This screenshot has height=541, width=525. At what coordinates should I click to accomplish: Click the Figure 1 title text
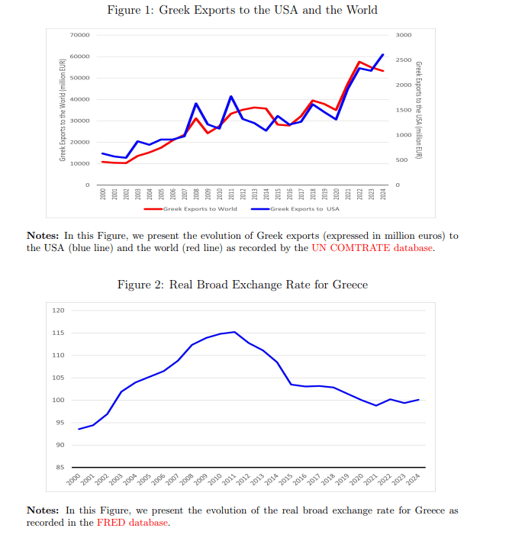coord(242,11)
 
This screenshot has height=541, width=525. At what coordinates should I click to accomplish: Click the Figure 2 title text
coord(242,285)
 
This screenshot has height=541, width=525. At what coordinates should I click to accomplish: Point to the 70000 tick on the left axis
coord(79,36)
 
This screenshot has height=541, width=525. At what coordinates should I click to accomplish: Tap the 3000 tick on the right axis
coord(404,36)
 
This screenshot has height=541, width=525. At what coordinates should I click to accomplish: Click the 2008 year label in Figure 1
coord(196,194)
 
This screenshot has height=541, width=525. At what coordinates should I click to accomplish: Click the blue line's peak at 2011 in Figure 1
coord(231,97)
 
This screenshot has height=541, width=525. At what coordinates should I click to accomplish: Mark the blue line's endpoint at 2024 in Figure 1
coord(383,55)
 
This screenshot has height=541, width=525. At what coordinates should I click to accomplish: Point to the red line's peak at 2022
coord(359,62)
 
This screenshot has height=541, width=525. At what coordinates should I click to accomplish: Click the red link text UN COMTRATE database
coord(372,248)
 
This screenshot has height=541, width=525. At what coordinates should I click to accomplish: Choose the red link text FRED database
coord(132,523)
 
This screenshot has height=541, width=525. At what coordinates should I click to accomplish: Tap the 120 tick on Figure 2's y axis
coord(58,311)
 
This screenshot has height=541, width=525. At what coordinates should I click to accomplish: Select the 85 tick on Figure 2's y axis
coord(59,467)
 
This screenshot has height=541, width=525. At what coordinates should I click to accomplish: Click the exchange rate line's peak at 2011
coord(234,332)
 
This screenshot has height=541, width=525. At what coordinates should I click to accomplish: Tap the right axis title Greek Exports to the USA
coord(419,109)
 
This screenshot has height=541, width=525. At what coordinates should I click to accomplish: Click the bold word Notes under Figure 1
coord(43,236)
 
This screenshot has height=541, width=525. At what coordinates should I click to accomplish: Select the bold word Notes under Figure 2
coord(43,510)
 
